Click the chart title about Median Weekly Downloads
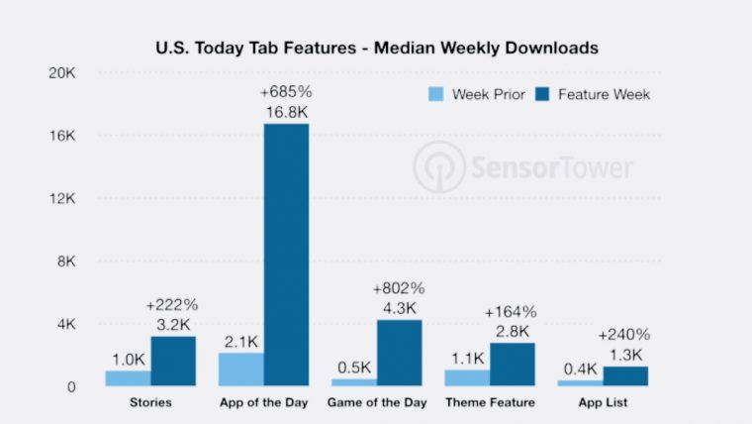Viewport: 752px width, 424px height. click(x=376, y=47)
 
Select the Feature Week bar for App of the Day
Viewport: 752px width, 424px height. click(x=286, y=255)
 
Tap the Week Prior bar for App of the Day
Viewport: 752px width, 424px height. click(x=240, y=369)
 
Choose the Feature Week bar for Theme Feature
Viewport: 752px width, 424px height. click(x=512, y=364)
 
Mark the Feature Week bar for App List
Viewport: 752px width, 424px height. click(x=624, y=375)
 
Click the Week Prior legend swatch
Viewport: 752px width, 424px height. click(x=435, y=95)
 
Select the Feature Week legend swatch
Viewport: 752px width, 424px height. click(x=542, y=95)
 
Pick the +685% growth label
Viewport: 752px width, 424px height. click(x=287, y=92)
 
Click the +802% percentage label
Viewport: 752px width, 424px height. click(x=399, y=288)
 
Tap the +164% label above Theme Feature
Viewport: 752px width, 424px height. click(x=511, y=312)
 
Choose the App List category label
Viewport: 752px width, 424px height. click(x=602, y=402)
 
